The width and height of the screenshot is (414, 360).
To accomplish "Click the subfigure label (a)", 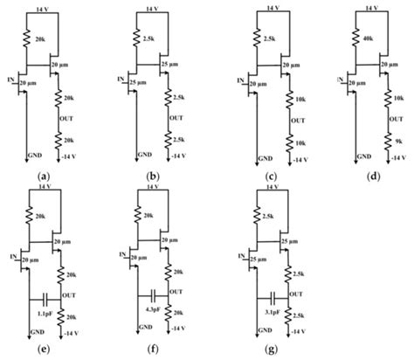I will (43, 176).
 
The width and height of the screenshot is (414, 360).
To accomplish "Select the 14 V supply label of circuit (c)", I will (274, 8).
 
